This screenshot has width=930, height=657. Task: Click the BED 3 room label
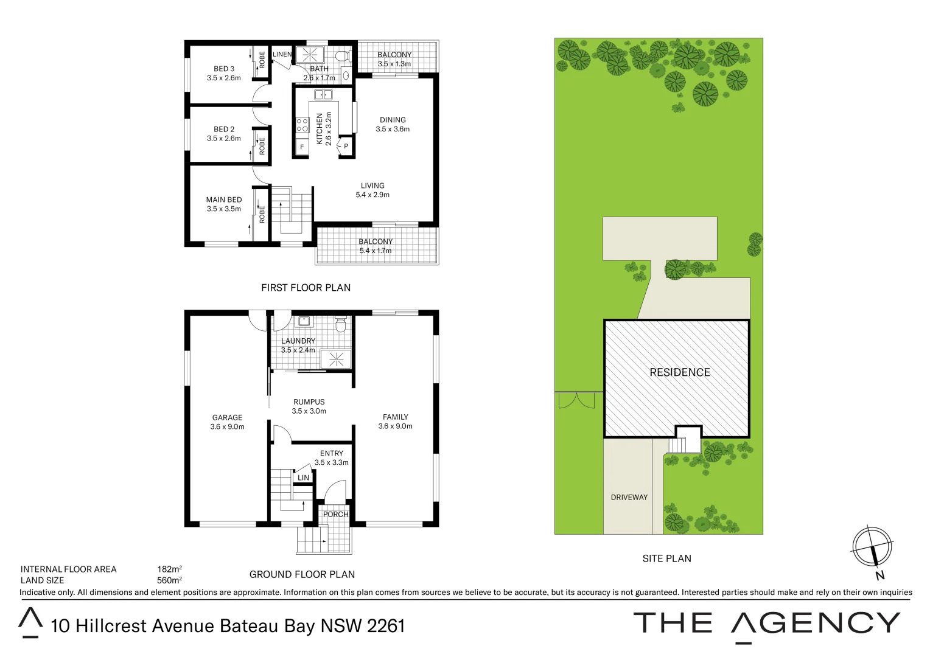224,69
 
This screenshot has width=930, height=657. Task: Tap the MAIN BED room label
224,200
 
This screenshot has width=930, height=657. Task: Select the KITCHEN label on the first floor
320,128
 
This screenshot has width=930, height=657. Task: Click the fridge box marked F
302,147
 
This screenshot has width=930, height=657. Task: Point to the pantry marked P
346,147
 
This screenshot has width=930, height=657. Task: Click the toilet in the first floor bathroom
342,57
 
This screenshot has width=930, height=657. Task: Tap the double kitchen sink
323,94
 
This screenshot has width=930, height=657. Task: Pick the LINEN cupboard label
282,54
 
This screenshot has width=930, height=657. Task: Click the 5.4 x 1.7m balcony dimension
376,251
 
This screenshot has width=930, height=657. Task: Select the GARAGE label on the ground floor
227,417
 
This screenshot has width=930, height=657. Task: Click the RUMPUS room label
309,402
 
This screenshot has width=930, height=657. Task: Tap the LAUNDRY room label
298,341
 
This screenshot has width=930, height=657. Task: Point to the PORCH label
335,514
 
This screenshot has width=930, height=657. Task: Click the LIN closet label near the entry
303,478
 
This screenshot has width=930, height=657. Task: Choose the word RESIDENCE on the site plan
680,372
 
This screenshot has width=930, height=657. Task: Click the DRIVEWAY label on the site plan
629,497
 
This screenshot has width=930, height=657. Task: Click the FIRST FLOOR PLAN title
306,288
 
